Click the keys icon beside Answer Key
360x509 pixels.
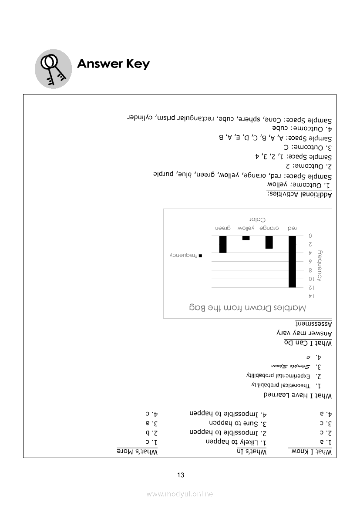[x=53, y=68]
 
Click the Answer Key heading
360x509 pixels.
[x=113, y=64]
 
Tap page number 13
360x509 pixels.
[x=181, y=475]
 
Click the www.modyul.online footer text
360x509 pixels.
[x=180, y=494]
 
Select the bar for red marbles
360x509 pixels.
[x=292, y=261]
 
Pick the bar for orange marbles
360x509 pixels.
[x=269, y=242]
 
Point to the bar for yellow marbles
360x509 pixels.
[x=246, y=238]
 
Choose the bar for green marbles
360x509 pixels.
[x=223, y=244]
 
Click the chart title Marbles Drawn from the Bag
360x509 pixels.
[x=247, y=308]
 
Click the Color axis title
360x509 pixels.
[x=257, y=219]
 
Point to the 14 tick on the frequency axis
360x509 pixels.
[x=310, y=297]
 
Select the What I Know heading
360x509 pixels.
[x=310, y=452]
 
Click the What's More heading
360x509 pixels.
[x=137, y=452]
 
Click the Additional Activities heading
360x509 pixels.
[x=299, y=194]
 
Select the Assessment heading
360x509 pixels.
[x=314, y=324]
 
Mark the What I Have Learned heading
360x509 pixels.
[x=298, y=396]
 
